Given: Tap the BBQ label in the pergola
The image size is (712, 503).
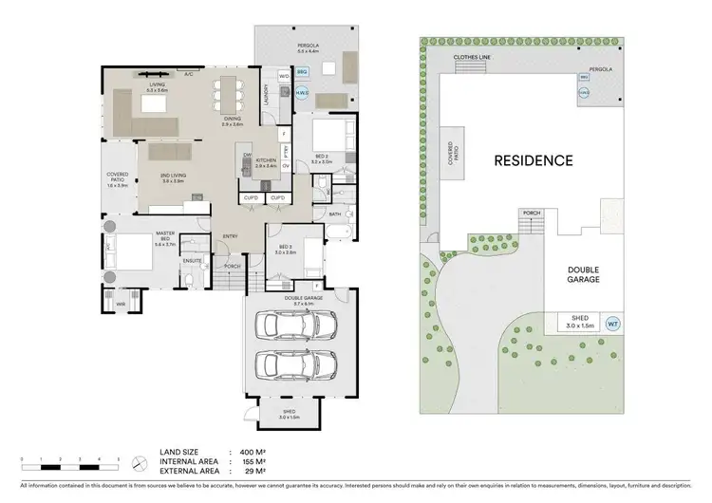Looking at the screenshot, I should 302,71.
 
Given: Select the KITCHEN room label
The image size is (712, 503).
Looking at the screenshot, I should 265,162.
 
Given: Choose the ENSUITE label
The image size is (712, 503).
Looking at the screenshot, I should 193,260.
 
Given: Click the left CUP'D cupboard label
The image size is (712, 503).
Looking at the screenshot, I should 252,197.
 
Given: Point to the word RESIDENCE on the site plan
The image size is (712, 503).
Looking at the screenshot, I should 533,160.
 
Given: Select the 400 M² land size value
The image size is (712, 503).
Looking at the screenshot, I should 250,452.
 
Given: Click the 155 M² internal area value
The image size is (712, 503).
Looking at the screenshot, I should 250,461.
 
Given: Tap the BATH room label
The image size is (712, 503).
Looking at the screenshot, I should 335,214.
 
